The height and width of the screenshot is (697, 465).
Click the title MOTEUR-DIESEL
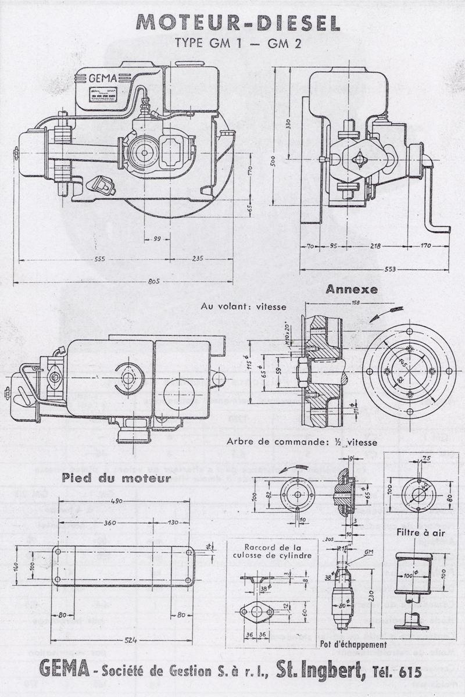click(x=238, y=23)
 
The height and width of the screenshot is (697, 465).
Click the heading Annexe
click(x=351, y=289)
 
